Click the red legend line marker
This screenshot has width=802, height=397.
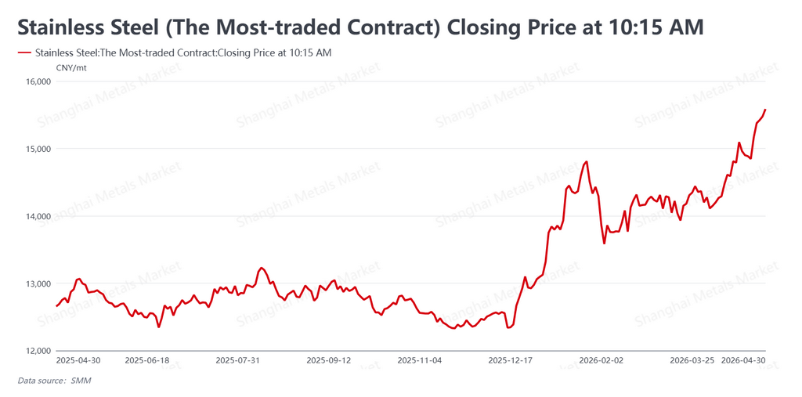click(x=23, y=52)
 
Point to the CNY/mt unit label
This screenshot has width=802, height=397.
click(x=71, y=67)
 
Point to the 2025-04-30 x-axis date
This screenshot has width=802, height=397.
click(x=78, y=361)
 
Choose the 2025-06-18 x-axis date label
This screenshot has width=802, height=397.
click(x=146, y=361)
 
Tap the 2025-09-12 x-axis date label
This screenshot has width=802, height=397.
click(x=328, y=361)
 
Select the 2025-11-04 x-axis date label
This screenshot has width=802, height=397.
click(x=420, y=361)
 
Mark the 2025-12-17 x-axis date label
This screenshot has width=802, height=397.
click(x=511, y=361)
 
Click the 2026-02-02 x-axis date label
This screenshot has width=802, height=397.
click(x=601, y=361)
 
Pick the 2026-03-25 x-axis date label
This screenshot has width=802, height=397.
click(x=692, y=361)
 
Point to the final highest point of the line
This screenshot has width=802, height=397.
click(x=765, y=110)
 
